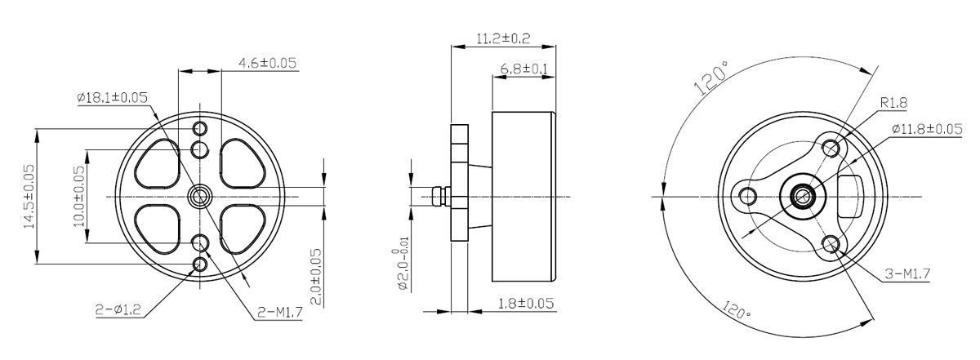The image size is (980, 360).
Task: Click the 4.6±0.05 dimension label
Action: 267,63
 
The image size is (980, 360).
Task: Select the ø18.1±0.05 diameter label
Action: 113,97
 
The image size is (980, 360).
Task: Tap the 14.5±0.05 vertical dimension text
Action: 29,197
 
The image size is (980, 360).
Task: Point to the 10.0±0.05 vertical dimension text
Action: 79,196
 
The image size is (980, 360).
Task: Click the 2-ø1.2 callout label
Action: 118,310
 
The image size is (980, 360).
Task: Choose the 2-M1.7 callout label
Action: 279,312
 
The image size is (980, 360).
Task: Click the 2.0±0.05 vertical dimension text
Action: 315,277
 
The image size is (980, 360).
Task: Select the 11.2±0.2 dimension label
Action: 503,38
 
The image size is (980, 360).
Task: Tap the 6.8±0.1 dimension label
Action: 523,69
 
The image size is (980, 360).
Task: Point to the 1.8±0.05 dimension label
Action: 526,303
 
